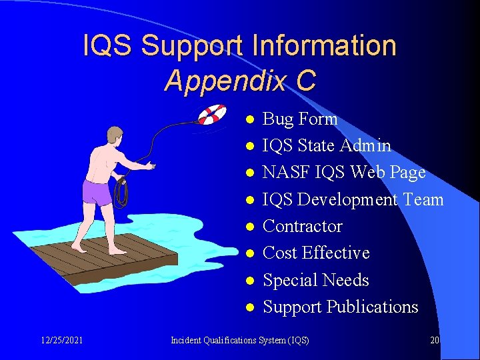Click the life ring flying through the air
(212, 115)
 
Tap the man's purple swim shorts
(98, 192)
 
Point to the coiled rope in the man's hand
(121, 191)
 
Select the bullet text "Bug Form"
(300, 119)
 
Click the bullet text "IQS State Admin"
(327, 145)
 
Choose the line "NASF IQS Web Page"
(344, 173)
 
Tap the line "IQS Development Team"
(353, 199)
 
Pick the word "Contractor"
(303, 226)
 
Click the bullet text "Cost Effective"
(316, 253)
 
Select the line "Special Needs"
(316, 280)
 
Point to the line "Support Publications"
(341, 307)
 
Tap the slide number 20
(435, 340)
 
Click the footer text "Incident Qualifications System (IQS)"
(240, 340)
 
